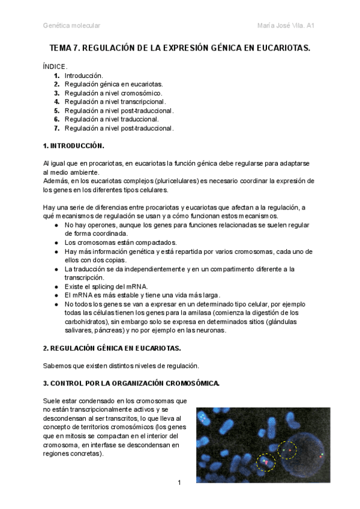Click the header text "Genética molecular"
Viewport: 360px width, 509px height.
(x=71, y=25)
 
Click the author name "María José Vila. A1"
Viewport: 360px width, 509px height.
(x=286, y=25)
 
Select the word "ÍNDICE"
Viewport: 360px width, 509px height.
(x=55, y=67)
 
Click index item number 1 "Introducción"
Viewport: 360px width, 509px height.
(x=83, y=76)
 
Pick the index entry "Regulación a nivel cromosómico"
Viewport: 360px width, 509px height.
(x=113, y=93)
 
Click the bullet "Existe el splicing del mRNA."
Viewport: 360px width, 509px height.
(x=106, y=287)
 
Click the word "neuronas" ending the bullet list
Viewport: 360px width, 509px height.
(x=206, y=331)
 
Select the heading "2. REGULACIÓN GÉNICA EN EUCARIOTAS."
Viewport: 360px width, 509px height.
(x=112, y=348)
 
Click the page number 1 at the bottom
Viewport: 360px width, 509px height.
(x=179, y=483)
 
